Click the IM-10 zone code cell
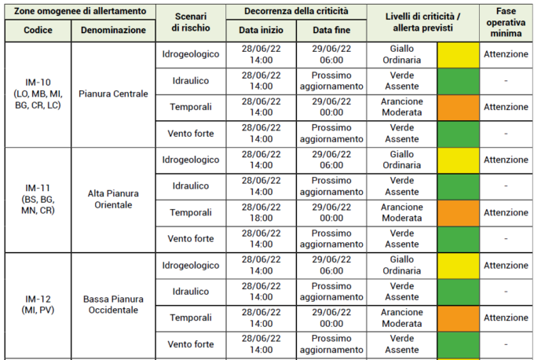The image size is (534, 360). (38, 94)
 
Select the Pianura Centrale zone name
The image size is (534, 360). (113, 94)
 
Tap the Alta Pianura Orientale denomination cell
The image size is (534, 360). (113, 200)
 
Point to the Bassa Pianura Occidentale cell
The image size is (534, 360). (113, 304)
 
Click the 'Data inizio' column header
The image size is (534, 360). (262, 29)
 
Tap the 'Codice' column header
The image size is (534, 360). (38, 29)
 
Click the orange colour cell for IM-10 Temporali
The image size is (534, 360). (458, 108)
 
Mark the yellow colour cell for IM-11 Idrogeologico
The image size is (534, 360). (458, 160)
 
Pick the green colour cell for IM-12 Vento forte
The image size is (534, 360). (458, 344)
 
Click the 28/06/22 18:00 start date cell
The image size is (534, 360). (262, 212)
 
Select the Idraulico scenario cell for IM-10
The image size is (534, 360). (191, 81)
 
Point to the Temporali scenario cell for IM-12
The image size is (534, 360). (191, 318)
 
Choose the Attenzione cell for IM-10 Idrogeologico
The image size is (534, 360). (506, 54)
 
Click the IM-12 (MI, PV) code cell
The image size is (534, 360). (38, 304)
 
